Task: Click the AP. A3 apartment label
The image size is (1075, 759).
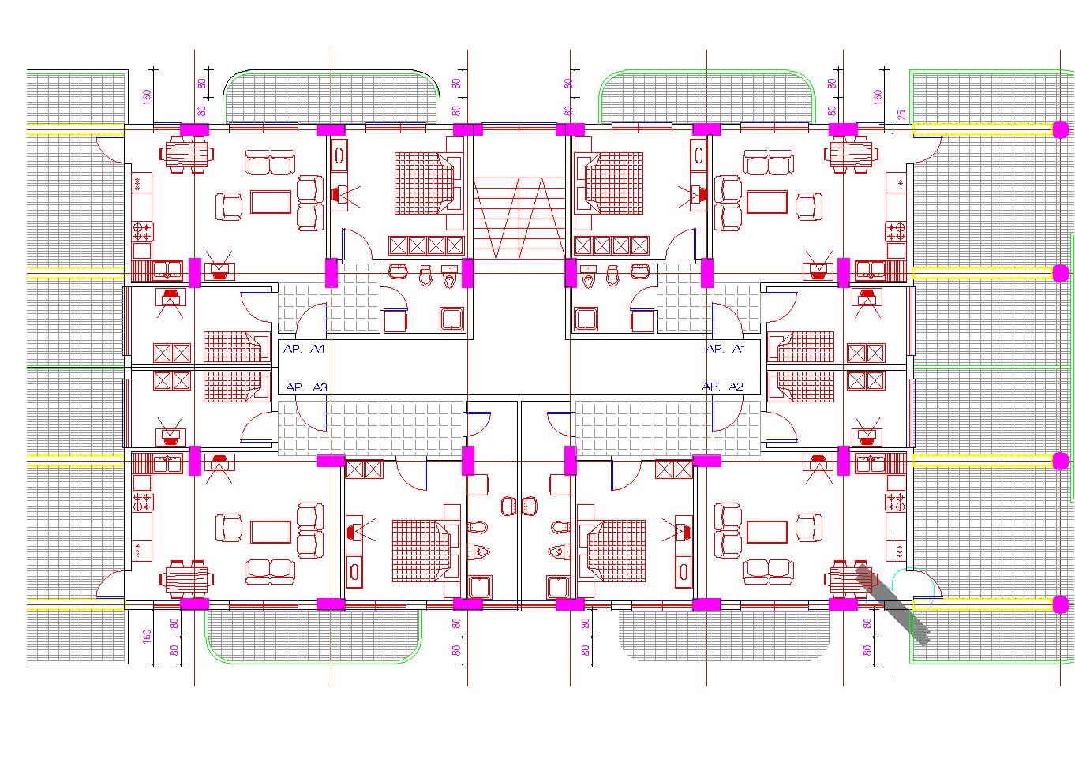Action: point(306,387)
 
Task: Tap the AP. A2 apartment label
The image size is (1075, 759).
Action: point(722,387)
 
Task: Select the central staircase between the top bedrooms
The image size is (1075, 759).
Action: point(519,218)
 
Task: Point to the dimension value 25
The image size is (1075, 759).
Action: point(901,115)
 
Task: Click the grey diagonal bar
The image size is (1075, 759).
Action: point(893,604)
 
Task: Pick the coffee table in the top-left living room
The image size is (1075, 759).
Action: point(271,201)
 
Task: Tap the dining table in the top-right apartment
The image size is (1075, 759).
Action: point(852,155)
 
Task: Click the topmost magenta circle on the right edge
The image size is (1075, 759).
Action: point(1061,129)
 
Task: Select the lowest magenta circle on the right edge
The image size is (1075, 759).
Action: point(1061,605)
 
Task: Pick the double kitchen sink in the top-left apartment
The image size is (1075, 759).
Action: point(168,271)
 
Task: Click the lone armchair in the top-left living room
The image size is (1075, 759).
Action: point(231,207)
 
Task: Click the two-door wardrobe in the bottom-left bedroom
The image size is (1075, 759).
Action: point(363,469)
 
